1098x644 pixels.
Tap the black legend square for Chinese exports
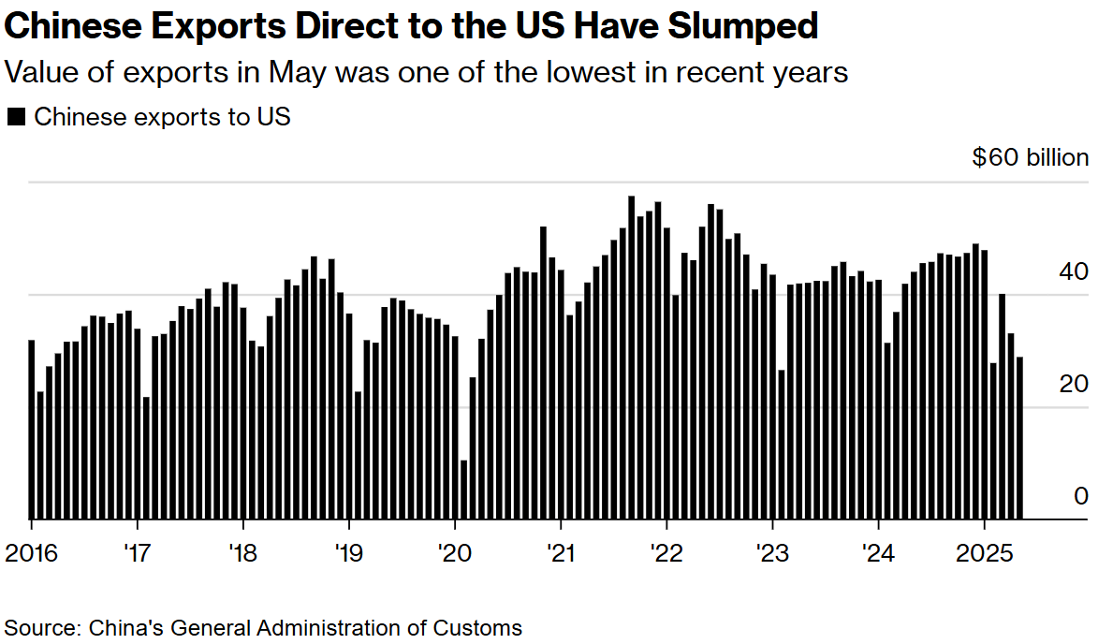16,117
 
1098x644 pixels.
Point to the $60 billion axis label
1030,157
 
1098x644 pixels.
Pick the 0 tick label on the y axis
1081,496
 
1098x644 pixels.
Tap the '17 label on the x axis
138,552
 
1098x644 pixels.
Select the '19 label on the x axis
348,552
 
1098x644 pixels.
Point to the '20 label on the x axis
454,552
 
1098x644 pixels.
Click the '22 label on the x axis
666,552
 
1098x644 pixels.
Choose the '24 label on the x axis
878,552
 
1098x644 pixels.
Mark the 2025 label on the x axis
984,552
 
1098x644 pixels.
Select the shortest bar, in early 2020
464,490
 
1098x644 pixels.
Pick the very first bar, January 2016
31,430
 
